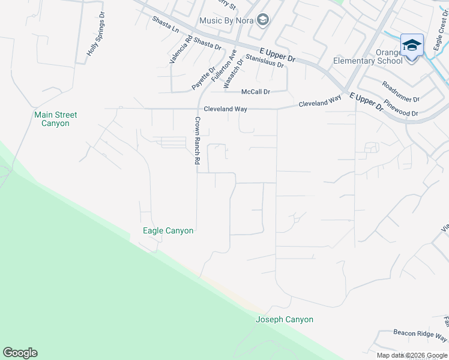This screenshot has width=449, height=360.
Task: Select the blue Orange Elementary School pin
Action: pos(412,47)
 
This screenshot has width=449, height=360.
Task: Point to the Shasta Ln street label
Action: pos(166,25)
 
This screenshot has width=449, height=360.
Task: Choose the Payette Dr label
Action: pos(203,79)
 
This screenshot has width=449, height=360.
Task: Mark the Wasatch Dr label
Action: pos(234,74)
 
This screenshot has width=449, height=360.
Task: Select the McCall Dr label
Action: pos(256,92)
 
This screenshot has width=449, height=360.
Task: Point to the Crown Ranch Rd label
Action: pos(196,140)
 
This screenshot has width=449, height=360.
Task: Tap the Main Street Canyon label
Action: pos(56,119)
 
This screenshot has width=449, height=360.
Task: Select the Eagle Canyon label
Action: pos(168,230)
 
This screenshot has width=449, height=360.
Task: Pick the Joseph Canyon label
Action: pos(285,319)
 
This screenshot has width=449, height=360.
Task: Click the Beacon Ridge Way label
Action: pos(420,334)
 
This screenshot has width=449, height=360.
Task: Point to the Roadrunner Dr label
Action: pos(400,91)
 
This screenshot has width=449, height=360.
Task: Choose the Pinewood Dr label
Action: pos(401,108)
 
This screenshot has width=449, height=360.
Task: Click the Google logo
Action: pos(20,353)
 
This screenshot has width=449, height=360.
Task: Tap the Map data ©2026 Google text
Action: pos(411,355)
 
